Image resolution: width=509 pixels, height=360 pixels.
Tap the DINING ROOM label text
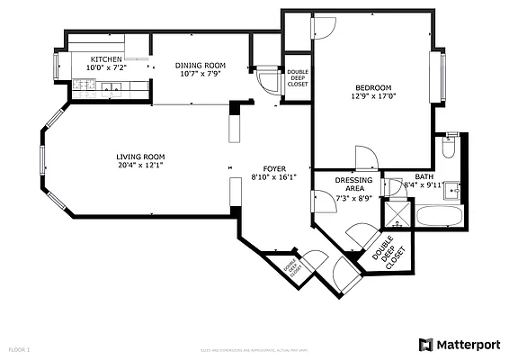[200, 66]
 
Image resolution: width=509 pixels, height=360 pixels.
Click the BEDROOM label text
[371, 87]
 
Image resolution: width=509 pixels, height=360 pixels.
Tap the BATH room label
[424, 176]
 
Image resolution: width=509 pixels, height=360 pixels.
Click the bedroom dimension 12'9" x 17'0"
[371, 96]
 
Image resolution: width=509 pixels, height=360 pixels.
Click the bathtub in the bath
[440, 216]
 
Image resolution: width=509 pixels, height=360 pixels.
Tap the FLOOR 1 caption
[20, 347]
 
